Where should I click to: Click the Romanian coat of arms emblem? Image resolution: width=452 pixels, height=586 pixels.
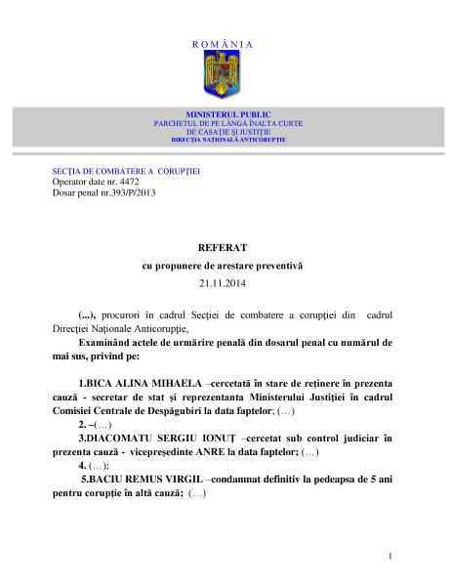[x=226, y=71]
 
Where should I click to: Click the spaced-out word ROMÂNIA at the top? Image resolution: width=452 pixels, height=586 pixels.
[x=226, y=45]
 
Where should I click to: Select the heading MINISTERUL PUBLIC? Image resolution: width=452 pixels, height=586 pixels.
[x=226, y=115]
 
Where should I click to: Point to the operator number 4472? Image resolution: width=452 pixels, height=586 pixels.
[x=131, y=182]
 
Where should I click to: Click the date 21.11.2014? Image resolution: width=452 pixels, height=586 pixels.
[x=226, y=282]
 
